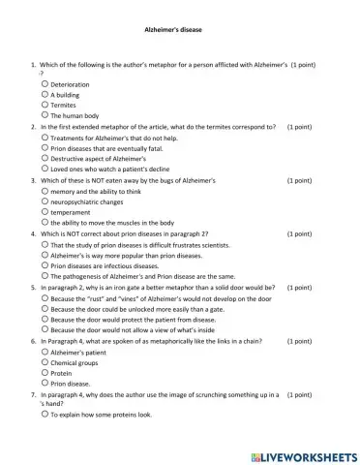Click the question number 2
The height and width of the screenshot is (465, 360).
[x=34, y=126]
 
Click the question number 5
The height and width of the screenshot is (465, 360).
[x=34, y=287]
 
